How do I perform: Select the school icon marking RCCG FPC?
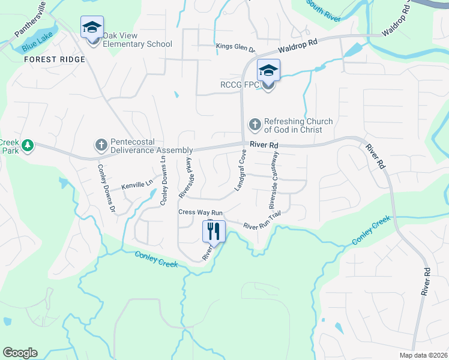268,71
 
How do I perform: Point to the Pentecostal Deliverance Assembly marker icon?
100,145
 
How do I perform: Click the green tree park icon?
27,145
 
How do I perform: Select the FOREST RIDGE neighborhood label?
55,59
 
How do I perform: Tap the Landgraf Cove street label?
241,170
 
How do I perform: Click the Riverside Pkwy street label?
185,178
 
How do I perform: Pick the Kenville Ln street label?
137,185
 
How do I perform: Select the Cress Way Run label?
200,212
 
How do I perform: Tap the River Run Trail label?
262,221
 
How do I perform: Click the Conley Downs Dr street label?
106,189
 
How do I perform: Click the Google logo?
20,353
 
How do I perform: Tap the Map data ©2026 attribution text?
423,355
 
